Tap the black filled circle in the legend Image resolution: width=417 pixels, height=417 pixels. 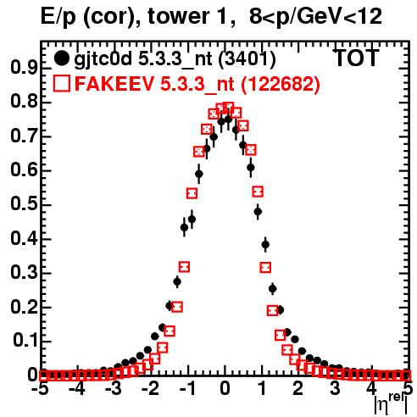tap(61, 58)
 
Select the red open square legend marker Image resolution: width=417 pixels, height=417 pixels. tap(61, 83)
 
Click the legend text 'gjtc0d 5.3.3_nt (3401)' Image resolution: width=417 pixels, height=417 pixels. tap(175, 59)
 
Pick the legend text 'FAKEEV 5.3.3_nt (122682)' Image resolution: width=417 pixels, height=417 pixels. tap(197, 84)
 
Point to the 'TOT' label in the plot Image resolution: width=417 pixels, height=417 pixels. tap(356, 58)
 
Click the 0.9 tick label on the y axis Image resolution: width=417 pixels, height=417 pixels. tap(24, 68)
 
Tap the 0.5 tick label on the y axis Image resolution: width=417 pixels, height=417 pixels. tap(24, 204)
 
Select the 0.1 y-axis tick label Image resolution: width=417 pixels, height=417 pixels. tap(25, 341)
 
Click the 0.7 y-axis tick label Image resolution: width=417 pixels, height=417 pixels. tap(24, 136)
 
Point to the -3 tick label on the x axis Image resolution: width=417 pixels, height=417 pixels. tap(114, 388)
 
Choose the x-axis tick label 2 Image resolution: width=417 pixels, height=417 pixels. tap(298, 388)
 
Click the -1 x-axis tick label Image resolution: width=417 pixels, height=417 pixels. tap(187, 388)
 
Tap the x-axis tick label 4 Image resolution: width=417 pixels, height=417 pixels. tap(372, 388)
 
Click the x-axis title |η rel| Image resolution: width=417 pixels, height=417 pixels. tap(391, 404)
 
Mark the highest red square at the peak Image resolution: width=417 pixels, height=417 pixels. tap(228, 108)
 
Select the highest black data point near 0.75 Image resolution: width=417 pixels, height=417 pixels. tap(228, 120)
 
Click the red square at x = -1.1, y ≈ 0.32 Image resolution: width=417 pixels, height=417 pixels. tap(185, 267)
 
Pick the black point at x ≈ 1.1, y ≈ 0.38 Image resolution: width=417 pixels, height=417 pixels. tap(265, 244)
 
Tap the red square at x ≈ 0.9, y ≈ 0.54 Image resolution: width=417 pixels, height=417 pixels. tap(258, 192)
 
